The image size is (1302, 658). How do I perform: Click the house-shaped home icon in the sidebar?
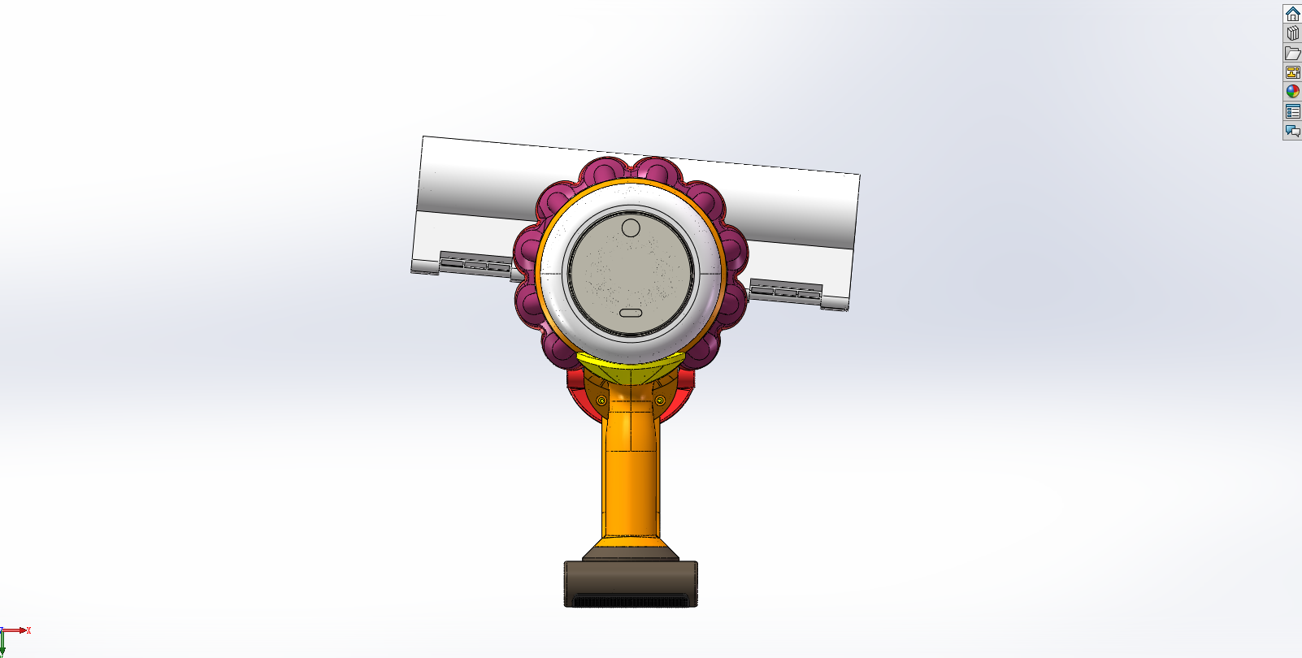pyautogui.click(x=1292, y=14)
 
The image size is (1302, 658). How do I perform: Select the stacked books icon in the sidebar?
pyautogui.click(x=1292, y=33)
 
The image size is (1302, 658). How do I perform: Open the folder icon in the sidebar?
pyautogui.click(x=1292, y=53)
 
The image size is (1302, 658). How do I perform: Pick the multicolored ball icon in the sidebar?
pyautogui.click(x=1292, y=92)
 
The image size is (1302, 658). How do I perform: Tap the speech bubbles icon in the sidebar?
pyautogui.click(x=1292, y=131)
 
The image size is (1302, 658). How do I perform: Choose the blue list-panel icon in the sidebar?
pyautogui.click(x=1292, y=111)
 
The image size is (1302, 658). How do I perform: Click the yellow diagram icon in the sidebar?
pyautogui.click(x=1292, y=72)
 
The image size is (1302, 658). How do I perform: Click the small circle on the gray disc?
pyautogui.click(x=631, y=228)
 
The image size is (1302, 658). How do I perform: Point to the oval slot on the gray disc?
pyautogui.click(x=631, y=313)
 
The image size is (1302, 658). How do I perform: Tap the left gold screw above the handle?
pyautogui.click(x=601, y=400)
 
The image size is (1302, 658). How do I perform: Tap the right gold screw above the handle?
pyautogui.click(x=660, y=400)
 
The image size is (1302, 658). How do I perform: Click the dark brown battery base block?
pyautogui.click(x=631, y=578)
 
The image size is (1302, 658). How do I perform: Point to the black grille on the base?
pyautogui.click(x=631, y=602)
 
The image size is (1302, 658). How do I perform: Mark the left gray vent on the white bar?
pyautogui.click(x=475, y=263)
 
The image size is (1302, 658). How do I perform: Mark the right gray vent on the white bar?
pyautogui.click(x=785, y=290)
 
